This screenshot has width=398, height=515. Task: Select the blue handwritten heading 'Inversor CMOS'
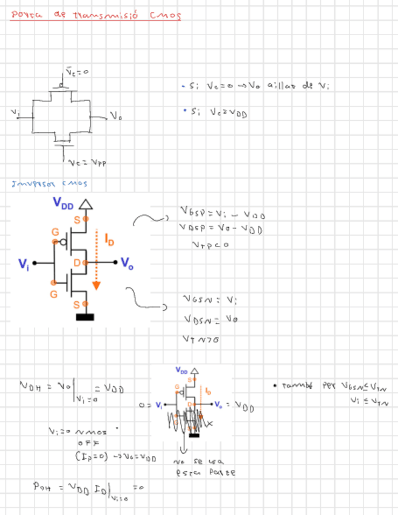[x=49, y=183]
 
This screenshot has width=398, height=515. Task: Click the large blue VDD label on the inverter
[x=63, y=203]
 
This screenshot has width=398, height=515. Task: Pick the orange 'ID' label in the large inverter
[x=109, y=240]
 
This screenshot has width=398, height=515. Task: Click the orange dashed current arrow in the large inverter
[x=96, y=261]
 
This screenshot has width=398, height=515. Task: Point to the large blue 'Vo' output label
[x=126, y=263]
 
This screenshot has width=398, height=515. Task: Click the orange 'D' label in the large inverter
[x=77, y=262]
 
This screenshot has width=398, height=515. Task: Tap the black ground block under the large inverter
[x=85, y=316]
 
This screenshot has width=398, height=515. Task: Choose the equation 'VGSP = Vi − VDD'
[x=223, y=214]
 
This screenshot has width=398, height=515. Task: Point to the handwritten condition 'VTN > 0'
[x=201, y=339]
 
